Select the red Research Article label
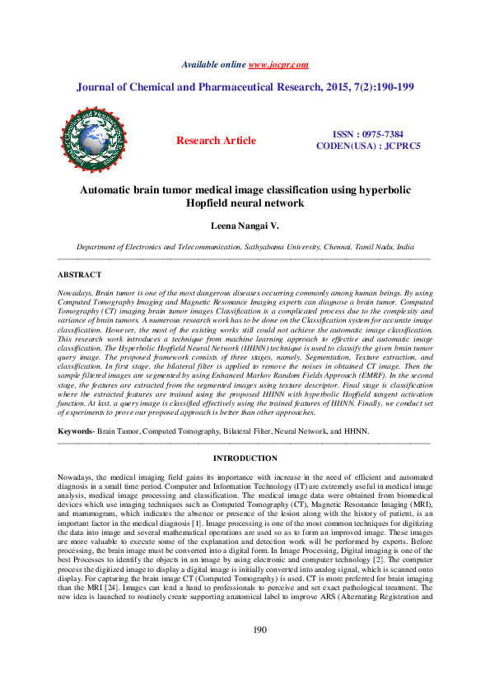click(x=217, y=141)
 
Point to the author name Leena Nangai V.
click(x=245, y=225)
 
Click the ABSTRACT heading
click(x=80, y=274)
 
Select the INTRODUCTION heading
click(x=245, y=458)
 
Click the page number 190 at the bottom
click(x=245, y=653)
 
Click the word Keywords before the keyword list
click(x=75, y=431)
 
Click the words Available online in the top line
click(x=213, y=64)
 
